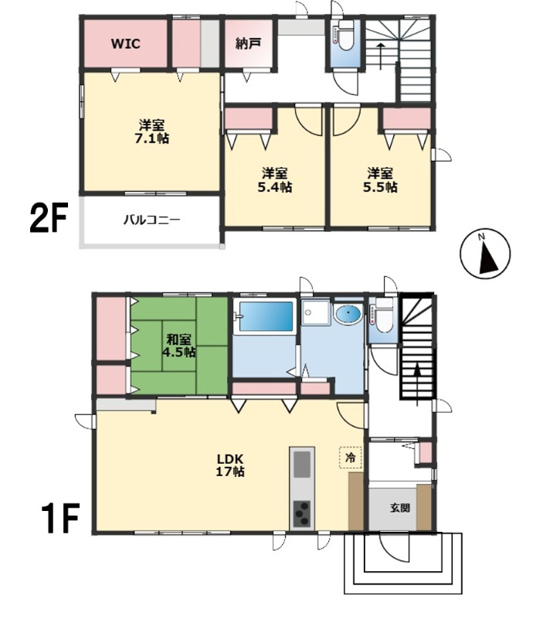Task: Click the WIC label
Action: (126, 43)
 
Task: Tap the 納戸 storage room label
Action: (247, 43)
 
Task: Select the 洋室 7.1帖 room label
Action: (151, 131)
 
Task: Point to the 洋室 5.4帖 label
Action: (275, 180)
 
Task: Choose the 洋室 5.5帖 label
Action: (380, 180)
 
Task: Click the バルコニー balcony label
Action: (151, 220)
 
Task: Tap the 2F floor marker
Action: (48, 218)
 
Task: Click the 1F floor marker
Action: (59, 517)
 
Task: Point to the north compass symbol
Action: (485, 254)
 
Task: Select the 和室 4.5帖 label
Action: (179, 346)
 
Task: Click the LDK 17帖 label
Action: (230, 465)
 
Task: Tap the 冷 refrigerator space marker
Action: (351, 457)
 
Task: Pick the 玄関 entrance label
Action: (400, 508)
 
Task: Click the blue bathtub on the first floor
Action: (266, 316)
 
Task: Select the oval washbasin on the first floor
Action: (348, 315)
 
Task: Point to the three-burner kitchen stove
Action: (302, 514)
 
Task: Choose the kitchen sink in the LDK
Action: (302, 464)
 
